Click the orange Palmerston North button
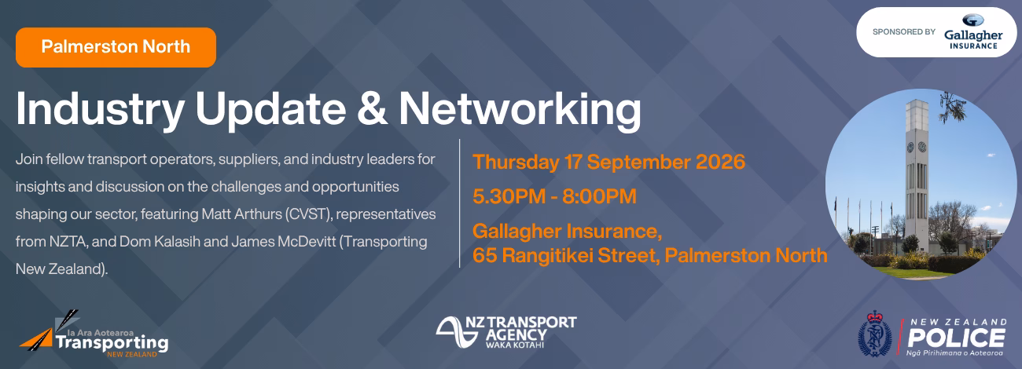point(116,47)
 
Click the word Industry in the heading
point(100,109)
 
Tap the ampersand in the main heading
point(373,108)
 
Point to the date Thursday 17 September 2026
point(608,163)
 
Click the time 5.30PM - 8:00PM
point(554,196)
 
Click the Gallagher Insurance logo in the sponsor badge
point(972,32)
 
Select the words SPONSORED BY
point(903,32)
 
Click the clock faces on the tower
point(916,147)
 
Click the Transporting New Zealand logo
point(94,334)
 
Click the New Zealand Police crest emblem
point(875,334)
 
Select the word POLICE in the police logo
point(956,338)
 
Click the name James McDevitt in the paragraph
point(283,242)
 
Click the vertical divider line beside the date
point(459,203)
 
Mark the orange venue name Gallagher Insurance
point(567,232)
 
